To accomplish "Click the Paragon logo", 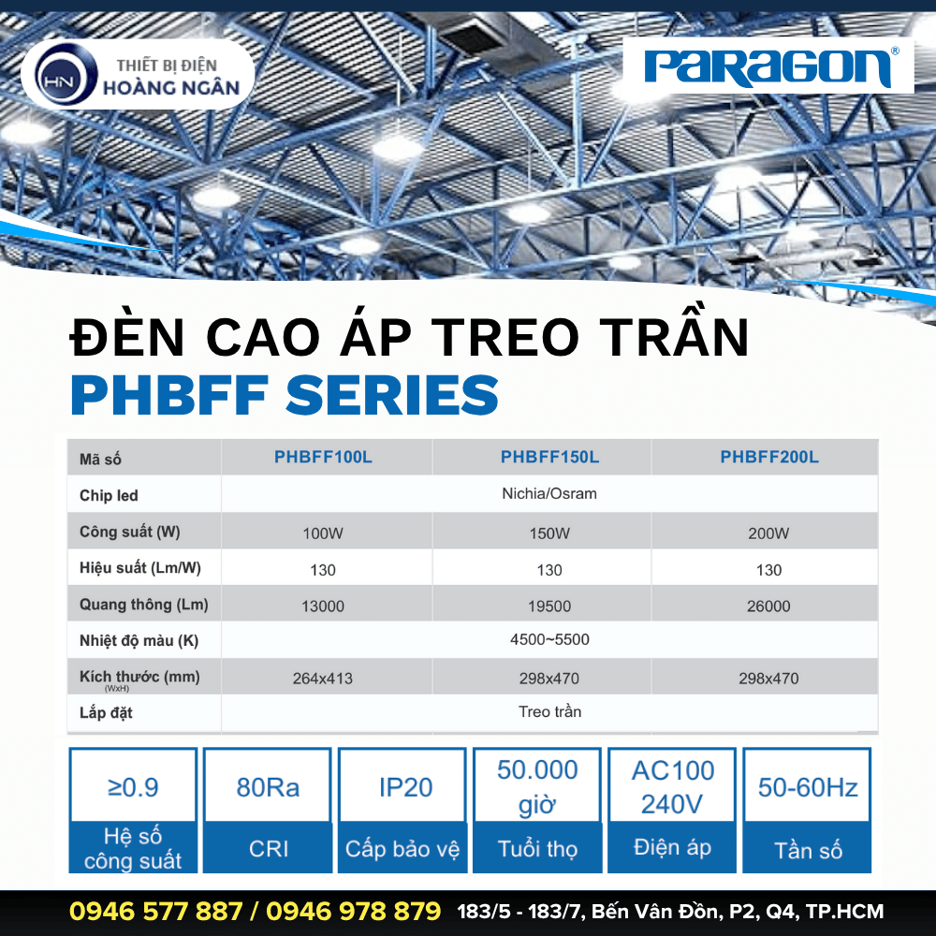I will [768, 66].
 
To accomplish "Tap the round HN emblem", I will [64, 78].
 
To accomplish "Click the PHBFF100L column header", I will [323, 458].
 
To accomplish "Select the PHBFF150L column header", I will [549, 458].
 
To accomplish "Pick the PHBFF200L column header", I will [769, 458].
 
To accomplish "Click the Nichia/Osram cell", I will [549, 493].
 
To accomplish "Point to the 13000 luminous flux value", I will [323, 606].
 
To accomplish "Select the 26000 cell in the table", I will [769, 606].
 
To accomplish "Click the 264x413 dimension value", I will [323, 678].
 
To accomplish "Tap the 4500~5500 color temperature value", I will [549, 640].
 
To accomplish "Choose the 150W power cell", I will [549, 534].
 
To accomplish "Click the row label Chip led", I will [109, 495].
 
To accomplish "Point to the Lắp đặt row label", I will [106, 713].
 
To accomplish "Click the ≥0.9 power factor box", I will [133, 787].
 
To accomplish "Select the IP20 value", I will [405, 787].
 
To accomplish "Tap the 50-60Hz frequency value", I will [808, 787].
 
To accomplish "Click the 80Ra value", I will [268, 787].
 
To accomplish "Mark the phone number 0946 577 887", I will [155, 911].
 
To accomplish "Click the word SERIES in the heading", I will [392, 395].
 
